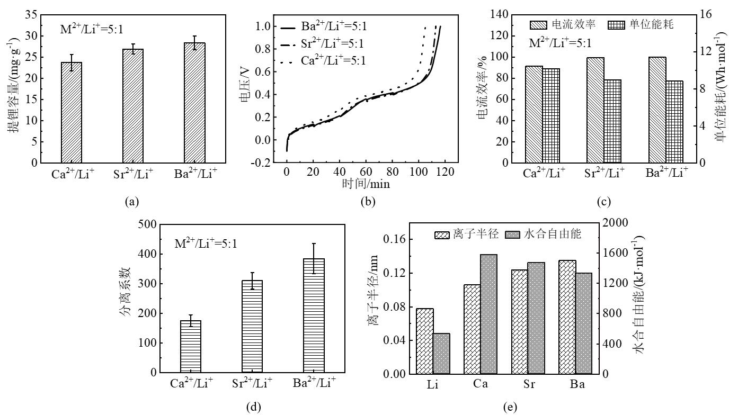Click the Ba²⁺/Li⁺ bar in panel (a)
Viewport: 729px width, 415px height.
click(194, 103)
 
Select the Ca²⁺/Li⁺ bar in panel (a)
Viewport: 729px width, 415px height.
click(72, 112)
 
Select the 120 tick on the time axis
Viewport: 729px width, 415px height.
click(444, 172)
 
